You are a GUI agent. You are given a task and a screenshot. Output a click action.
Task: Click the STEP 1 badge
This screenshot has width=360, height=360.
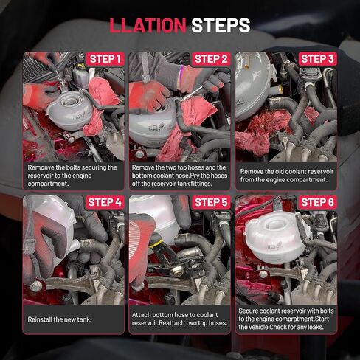(105, 59)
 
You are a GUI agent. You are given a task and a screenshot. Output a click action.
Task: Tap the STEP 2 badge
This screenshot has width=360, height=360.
(211, 59)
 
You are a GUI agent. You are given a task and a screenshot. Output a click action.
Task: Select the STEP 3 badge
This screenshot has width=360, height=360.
(317, 59)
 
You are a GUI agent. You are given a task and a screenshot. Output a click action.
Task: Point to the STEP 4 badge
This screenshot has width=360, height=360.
(105, 202)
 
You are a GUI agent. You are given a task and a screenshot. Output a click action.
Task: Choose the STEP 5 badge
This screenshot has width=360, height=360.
(211, 202)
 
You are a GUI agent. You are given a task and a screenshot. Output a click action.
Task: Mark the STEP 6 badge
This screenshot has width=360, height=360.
(317, 202)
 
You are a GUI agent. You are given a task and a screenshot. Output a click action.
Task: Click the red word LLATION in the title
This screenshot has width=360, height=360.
(148, 25)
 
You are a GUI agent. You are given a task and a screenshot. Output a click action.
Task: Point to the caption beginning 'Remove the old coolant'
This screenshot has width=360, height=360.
(285, 176)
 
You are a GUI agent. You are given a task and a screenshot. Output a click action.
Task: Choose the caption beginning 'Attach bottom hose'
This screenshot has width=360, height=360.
(179, 319)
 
